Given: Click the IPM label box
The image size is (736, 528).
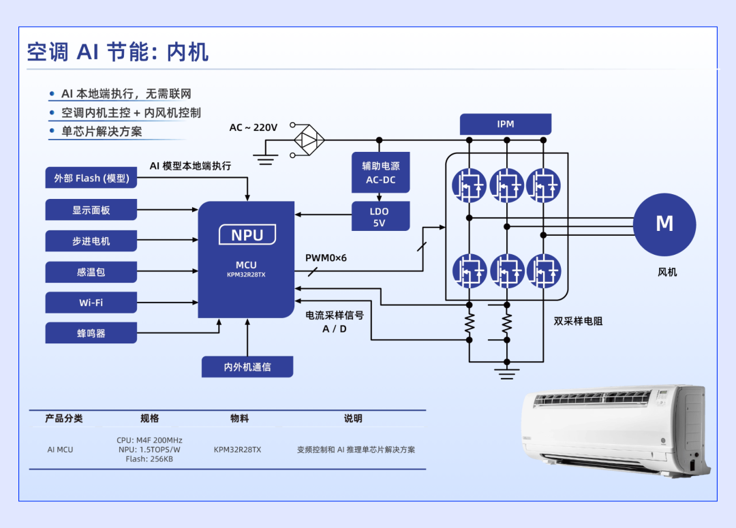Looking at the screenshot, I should pos(505,124).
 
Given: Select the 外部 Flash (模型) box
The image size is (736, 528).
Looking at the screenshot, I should pos(91,178).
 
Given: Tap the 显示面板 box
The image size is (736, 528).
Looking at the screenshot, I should pos(91,210).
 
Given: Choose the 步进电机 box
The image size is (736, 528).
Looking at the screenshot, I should pos(91,241).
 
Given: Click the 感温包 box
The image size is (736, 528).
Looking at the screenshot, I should pos(91,272).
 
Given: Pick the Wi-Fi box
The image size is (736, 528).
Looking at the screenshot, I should pos(91,302).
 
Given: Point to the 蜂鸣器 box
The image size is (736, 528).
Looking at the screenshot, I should pos(91,333).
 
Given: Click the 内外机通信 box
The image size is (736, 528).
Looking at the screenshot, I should pos(247,367).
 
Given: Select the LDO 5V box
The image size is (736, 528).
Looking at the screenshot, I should pos(380,217).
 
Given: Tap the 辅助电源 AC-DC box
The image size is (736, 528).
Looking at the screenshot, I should pos(380,172).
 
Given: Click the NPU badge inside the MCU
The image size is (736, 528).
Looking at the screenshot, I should pos(247,235).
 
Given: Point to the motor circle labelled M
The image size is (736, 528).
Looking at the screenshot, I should pos(664,224).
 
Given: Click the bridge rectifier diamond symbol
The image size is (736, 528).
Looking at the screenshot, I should pos(309,140).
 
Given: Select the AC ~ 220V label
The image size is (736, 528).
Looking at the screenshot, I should pos(253,127).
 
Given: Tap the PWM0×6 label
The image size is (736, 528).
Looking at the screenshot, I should pos(326,258).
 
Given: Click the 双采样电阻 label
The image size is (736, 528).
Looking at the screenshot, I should pos(578,321).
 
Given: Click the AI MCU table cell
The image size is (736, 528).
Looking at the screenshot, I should pos(60,450).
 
